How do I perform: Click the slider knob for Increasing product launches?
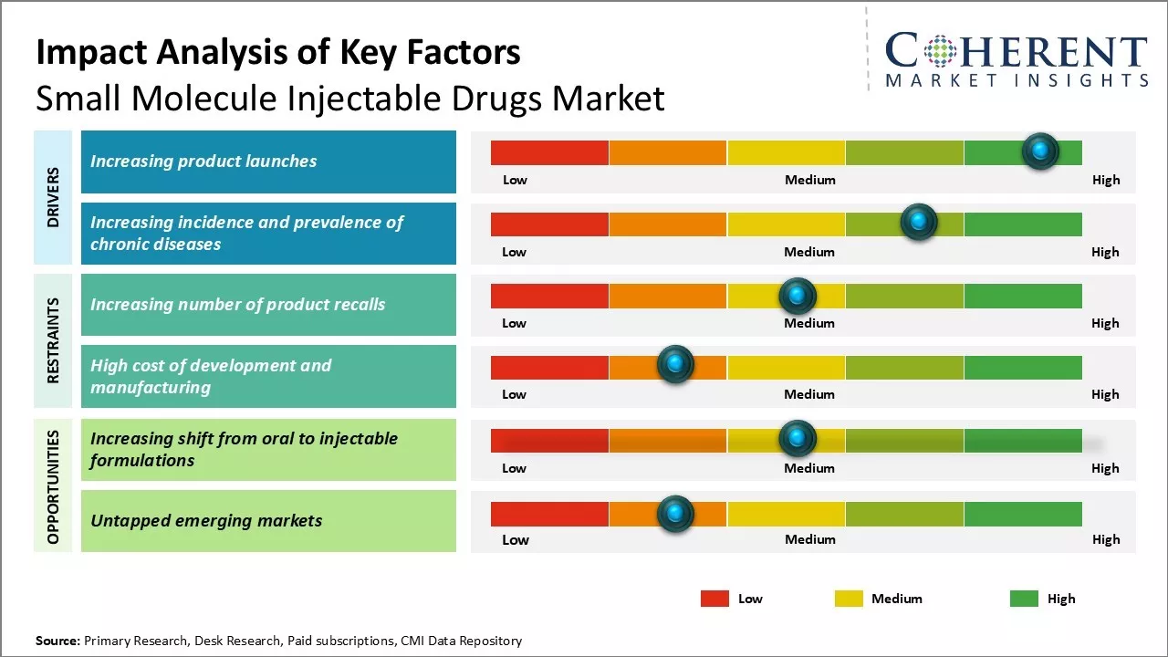[1040, 151]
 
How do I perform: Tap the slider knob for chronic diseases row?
[919, 222]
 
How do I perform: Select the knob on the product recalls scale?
[798, 296]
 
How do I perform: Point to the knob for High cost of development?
[675, 365]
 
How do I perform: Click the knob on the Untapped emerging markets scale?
[675, 514]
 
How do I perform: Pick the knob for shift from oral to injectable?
[798, 439]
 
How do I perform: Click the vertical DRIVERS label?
[53, 197]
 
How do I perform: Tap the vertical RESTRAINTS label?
[53, 340]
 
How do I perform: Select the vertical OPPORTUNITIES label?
[53, 486]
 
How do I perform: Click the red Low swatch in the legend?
[714, 599]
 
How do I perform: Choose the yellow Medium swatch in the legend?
[849, 599]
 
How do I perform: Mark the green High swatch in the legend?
[1024, 599]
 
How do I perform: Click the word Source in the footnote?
[57, 641]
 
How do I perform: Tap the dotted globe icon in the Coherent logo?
[940, 51]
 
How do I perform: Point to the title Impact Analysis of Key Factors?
[278, 53]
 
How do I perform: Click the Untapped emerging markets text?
[206, 521]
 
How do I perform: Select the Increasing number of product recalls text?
[237, 304]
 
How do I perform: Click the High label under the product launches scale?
[1106, 180]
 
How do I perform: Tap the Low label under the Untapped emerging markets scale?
[516, 539]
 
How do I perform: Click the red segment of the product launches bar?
[549, 152]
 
